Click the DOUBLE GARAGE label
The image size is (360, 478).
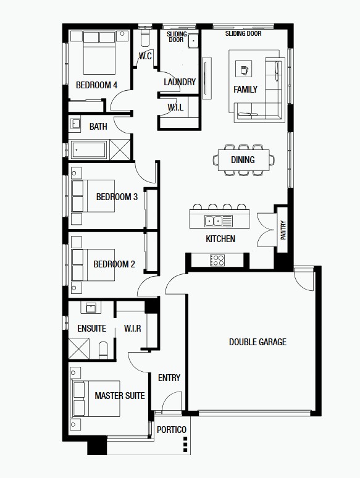tap(257, 342)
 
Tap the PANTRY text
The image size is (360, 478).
tap(283, 230)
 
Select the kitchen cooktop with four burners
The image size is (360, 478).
tap(217, 261)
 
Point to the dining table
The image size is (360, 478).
tap(243, 160)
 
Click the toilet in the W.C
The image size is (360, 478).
tap(144, 38)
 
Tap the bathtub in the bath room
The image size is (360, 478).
tap(89, 150)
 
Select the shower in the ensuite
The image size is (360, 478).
tap(79, 348)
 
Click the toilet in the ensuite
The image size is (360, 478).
tap(103, 350)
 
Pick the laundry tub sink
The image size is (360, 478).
tap(193, 41)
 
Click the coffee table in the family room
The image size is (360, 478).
tap(243, 69)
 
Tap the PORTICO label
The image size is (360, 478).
tap(172, 430)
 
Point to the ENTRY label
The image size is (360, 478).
tap(169, 378)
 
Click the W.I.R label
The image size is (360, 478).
tap(133, 329)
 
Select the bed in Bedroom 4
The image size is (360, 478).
tap(99, 52)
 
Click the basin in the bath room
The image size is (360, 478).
tap(75, 124)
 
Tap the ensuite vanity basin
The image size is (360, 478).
tap(91, 308)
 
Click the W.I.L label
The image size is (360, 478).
tap(175, 107)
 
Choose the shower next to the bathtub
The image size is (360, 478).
tap(120, 149)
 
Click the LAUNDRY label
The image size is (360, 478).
tap(180, 82)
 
